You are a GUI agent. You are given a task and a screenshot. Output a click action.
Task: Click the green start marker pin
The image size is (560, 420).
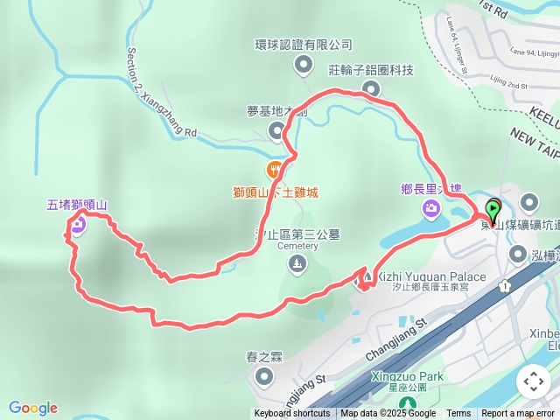[493, 211]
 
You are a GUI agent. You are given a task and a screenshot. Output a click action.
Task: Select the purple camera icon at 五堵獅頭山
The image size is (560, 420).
[78, 226]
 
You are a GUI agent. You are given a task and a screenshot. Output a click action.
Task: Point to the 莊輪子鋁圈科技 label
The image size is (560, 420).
[370, 69]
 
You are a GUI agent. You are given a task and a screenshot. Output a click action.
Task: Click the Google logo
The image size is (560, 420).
[33, 408]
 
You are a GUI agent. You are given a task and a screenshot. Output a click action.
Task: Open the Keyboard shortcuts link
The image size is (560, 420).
[292, 414]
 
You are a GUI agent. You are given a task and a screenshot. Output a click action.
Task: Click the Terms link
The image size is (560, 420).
[458, 414]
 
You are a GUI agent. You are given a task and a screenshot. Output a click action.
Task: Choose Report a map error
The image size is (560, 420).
[517, 414]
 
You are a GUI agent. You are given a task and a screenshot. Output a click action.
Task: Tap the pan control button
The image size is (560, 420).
[533, 381]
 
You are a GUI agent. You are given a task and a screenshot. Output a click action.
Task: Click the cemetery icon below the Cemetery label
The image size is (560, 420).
[298, 263]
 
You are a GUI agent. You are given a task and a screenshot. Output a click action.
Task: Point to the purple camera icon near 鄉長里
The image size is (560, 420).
[430, 207]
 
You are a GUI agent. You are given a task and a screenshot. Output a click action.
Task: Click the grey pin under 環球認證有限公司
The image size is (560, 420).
[304, 63]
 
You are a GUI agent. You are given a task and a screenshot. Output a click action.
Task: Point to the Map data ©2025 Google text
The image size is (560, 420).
[388, 414]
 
